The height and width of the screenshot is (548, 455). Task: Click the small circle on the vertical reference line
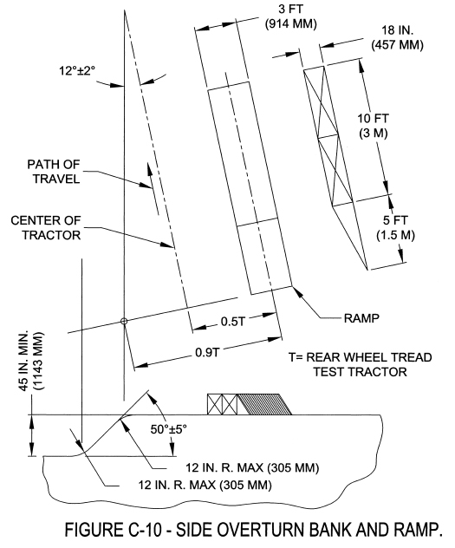125,322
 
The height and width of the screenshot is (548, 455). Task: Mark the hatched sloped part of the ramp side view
265,404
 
